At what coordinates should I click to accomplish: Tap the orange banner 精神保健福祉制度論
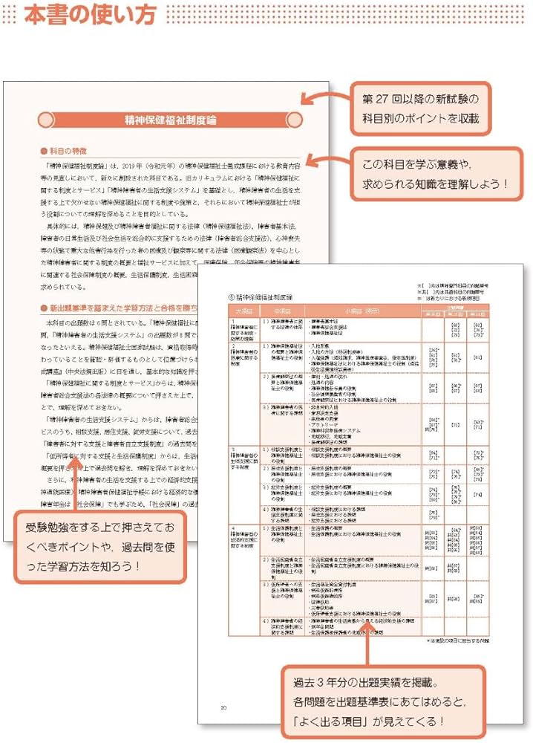[170, 120]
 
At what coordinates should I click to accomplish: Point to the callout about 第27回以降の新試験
[421, 108]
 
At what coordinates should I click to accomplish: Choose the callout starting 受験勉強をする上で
[100, 546]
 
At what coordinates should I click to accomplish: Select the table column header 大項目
[243, 311]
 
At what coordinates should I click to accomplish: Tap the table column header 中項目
[285, 311]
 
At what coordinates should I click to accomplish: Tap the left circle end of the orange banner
[46, 120]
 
